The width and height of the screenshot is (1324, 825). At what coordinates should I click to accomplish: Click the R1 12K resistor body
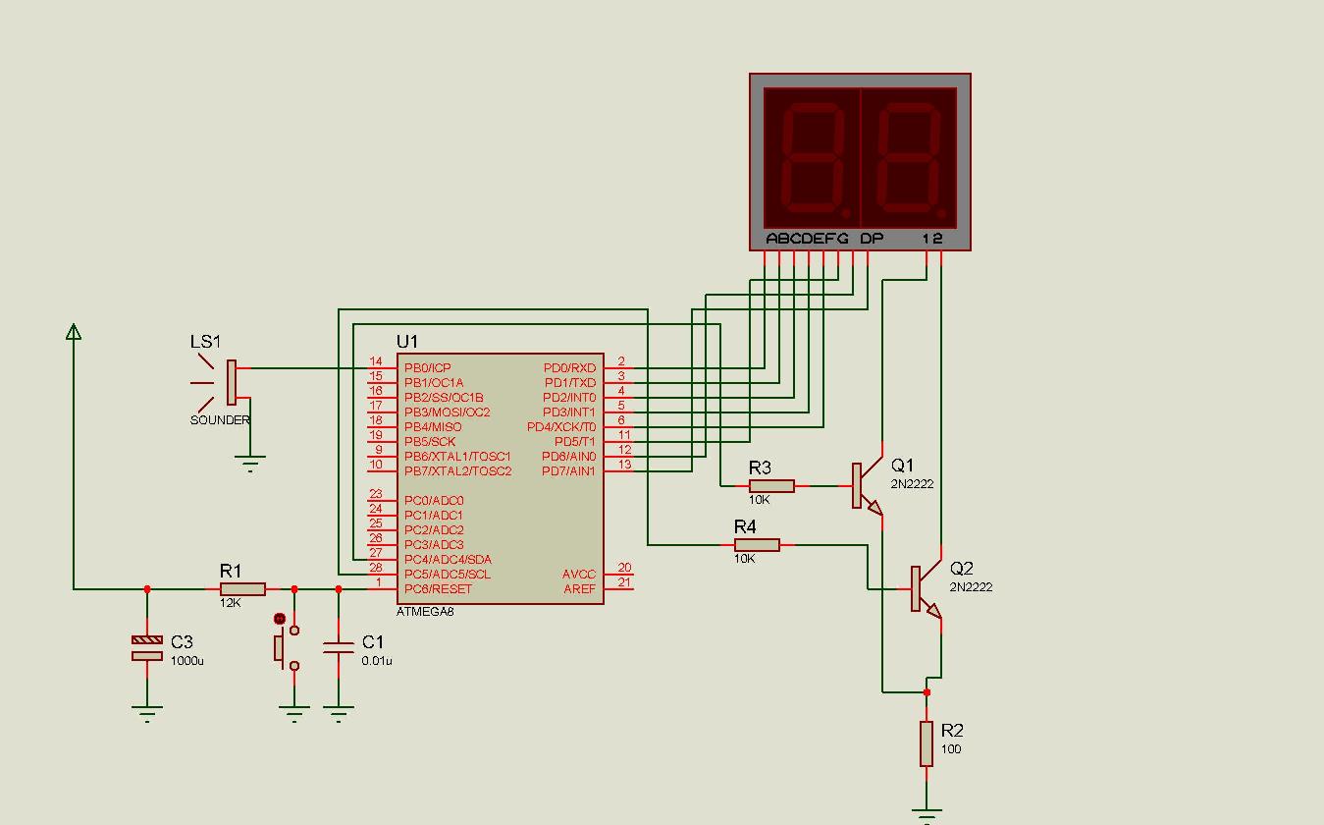242,589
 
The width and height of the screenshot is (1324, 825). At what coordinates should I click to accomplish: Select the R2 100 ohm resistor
927,743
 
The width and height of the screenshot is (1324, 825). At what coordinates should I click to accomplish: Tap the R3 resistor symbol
772,485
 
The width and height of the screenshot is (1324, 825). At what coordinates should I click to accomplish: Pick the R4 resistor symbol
757,544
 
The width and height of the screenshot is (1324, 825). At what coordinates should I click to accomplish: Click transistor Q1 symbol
865,486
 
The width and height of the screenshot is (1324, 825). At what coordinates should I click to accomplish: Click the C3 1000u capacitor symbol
147,648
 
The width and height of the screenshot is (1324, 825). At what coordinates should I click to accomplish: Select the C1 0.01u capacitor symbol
339,647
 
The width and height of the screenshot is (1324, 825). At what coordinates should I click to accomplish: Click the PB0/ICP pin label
427,368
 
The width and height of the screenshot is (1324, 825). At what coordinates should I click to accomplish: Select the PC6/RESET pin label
438,589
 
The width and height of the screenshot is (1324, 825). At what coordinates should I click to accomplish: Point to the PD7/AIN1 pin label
569,471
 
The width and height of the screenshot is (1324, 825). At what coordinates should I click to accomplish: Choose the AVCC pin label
579,575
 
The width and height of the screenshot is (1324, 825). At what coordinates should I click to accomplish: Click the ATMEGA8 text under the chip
425,612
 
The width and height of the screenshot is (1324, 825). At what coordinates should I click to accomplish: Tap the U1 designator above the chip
407,342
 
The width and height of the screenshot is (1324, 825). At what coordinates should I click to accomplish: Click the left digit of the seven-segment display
813,157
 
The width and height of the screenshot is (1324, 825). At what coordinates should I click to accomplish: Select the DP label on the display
872,239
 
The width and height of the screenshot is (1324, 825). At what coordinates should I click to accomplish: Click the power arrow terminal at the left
74,332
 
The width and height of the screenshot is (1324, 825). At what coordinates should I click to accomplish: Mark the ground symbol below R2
927,812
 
